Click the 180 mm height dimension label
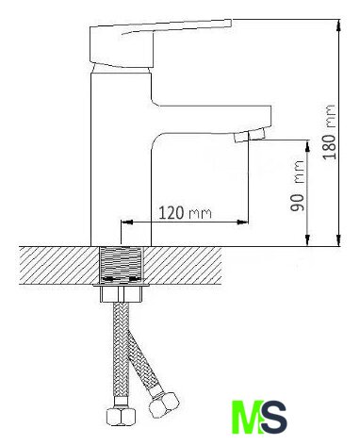(330, 132)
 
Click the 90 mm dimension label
(297, 186)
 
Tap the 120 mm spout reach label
(185, 213)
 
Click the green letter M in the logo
(248, 417)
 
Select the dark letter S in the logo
(274, 417)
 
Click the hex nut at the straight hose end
(122, 417)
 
